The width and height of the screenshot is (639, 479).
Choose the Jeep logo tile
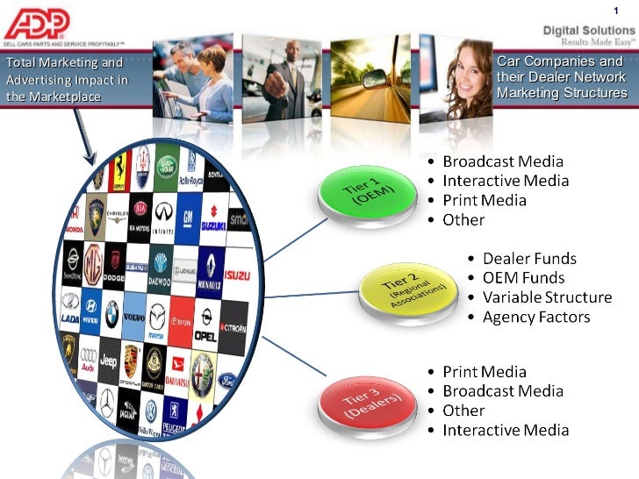(108, 361)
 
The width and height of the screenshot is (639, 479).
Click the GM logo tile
(187, 218)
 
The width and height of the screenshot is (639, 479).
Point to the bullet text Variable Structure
(547, 297)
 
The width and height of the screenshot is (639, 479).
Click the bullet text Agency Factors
(535, 317)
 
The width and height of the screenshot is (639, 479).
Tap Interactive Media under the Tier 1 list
(506, 181)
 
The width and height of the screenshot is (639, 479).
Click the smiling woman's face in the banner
(456, 61)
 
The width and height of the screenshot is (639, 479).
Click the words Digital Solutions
(588, 30)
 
